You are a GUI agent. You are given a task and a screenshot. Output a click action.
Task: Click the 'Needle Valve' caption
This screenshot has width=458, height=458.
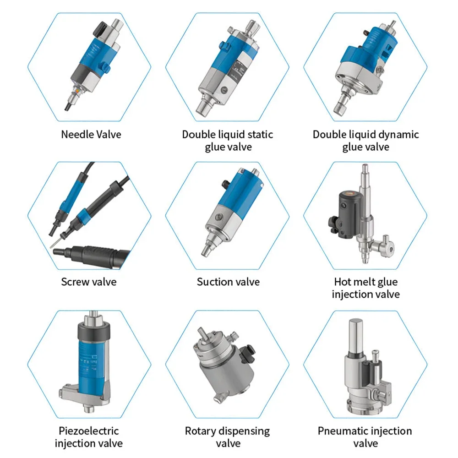click(x=91, y=135)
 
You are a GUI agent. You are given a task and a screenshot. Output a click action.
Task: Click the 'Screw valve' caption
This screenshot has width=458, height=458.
click(x=89, y=281)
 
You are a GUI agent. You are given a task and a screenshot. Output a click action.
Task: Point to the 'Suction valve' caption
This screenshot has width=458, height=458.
click(x=228, y=281)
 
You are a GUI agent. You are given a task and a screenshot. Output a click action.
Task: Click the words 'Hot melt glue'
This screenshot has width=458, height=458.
click(x=365, y=281)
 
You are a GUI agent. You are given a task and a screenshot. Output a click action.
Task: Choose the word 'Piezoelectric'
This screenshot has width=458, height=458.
click(x=89, y=431)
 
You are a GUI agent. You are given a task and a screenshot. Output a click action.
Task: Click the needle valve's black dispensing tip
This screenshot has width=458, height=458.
click(x=67, y=106)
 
